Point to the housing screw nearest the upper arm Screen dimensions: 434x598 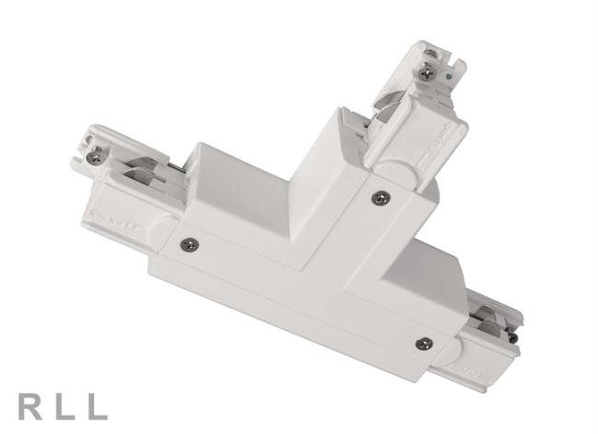point(378,196)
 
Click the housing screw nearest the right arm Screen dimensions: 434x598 point(422,343)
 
